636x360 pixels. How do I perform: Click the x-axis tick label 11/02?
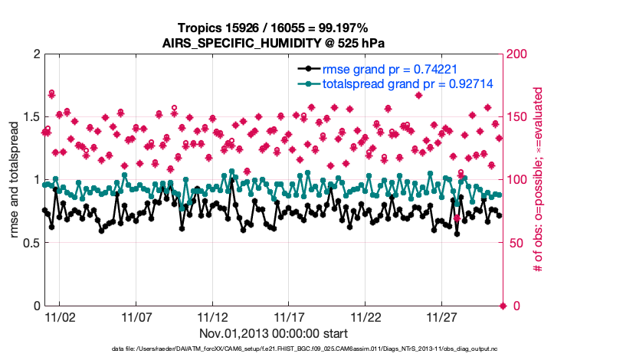[60, 316]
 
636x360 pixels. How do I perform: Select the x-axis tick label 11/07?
[136, 316]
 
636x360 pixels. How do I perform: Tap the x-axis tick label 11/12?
[213, 316]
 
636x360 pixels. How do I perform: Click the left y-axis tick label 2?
[36, 54]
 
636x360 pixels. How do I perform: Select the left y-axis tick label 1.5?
[30, 117]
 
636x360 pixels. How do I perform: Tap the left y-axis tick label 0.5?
[30, 243]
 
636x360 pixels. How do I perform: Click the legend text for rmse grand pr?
[384, 68]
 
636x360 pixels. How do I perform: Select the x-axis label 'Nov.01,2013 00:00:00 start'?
[274, 334]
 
